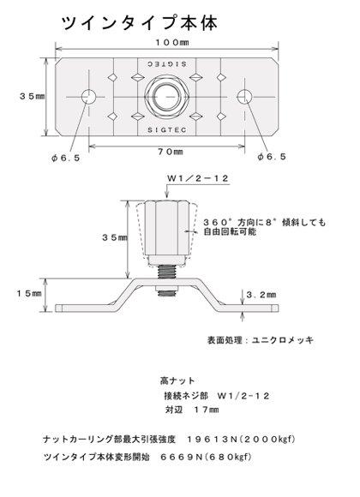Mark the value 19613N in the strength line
(212, 440)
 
